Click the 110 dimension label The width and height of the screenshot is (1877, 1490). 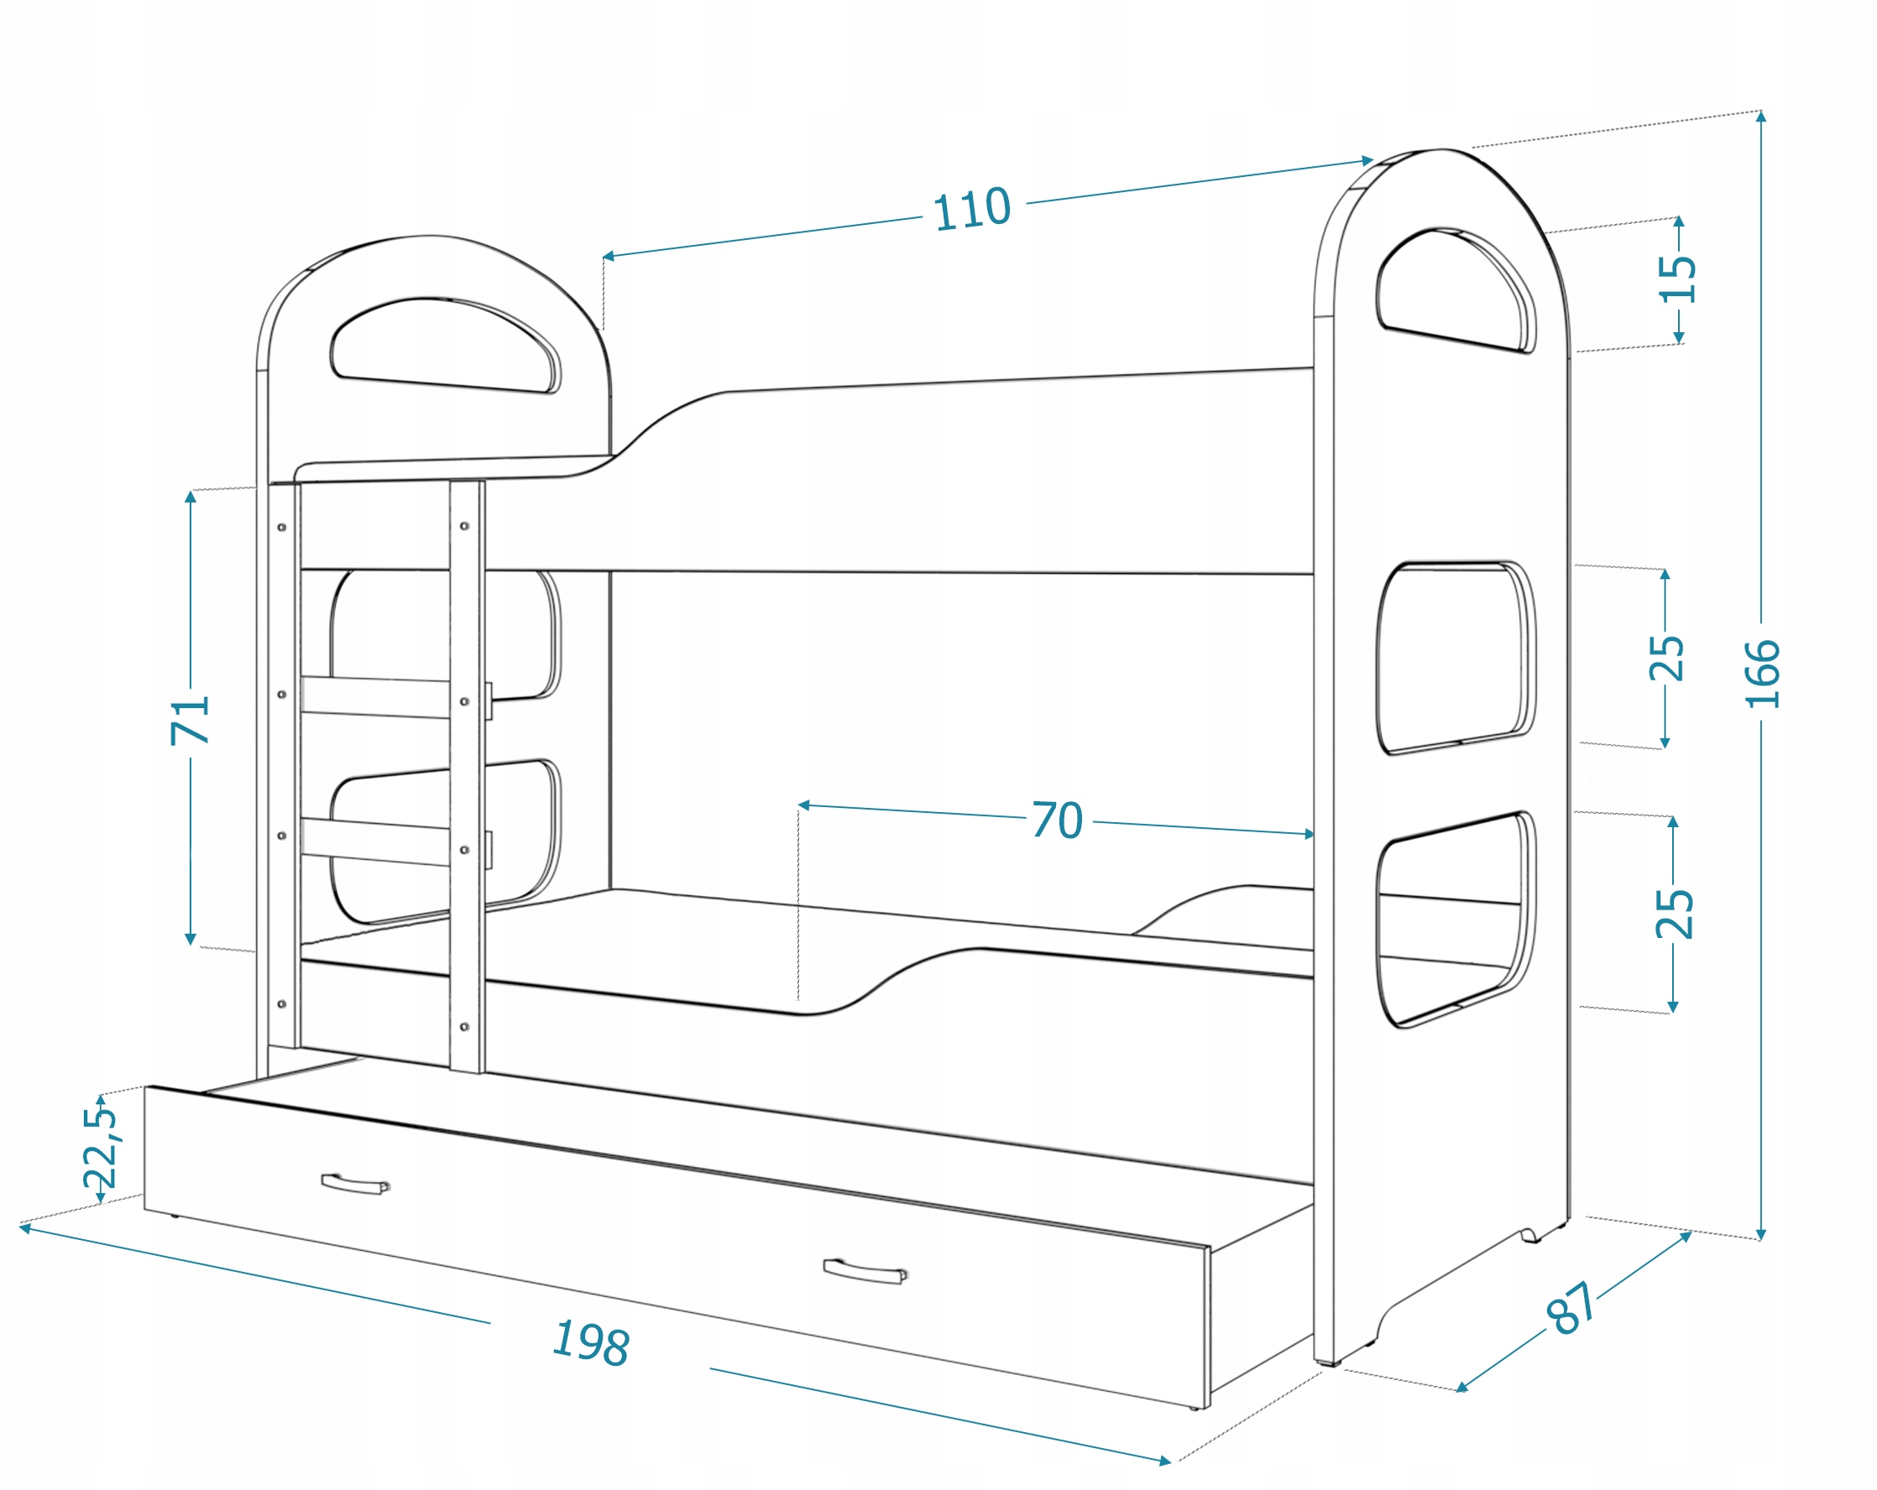click(971, 210)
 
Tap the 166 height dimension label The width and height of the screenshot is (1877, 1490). click(1762, 673)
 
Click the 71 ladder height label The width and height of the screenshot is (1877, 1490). click(191, 719)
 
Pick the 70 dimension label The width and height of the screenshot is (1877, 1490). click(1058, 820)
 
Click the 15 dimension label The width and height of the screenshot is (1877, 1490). click(1678, 279)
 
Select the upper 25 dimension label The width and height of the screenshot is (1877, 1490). click(1666, 658)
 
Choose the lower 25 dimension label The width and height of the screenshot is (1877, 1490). click(1673, 914)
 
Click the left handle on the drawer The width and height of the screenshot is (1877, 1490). click(355, 1184)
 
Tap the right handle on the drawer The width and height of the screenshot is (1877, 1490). click(865, 1272)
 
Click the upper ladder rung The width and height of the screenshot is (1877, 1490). click(376, 697)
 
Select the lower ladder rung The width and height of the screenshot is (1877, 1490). click(376, 841)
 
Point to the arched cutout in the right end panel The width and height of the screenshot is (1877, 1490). click(1455, 290)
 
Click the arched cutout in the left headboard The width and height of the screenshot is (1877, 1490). click(446, 345)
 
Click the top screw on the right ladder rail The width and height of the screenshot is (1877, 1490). click(465, 527)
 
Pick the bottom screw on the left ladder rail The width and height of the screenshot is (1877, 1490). click(282, 1004)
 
